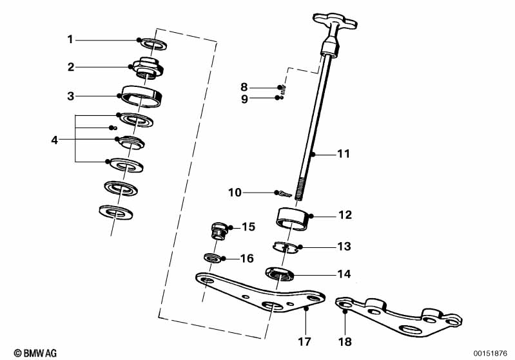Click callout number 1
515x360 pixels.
click(x=70, y=40)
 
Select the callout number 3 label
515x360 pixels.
click(x=70, y=97)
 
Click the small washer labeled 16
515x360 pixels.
click(x=212, y=258)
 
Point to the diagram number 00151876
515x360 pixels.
click(x=491, y=352)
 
